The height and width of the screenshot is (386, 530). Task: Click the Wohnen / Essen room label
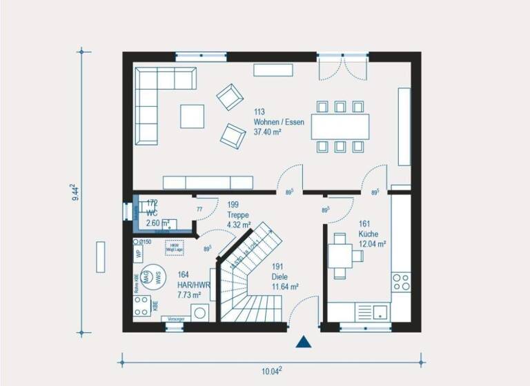(279, 122)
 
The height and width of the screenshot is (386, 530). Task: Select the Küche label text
(368, 234)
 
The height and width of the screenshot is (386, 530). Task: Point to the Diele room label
(279, 276)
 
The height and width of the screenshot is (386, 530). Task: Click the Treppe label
(237, 214)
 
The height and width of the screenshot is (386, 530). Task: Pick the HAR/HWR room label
(193, 284)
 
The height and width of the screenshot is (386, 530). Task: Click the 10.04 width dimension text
(272, 372)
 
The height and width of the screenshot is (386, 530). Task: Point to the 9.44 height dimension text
(72, 192)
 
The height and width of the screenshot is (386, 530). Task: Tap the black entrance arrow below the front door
(303, 341)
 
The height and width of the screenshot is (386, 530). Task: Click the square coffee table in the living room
(193, 116)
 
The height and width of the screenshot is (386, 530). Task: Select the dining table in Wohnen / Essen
(340, 127)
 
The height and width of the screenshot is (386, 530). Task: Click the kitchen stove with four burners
(400, 281)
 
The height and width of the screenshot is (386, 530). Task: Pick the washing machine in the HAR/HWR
(202, 312)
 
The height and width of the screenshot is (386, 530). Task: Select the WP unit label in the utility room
(138, 254)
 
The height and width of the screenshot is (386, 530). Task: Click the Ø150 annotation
(144, 242)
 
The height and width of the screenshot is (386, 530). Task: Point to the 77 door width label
(199, 209)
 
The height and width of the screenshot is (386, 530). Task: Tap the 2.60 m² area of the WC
(158, 223)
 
